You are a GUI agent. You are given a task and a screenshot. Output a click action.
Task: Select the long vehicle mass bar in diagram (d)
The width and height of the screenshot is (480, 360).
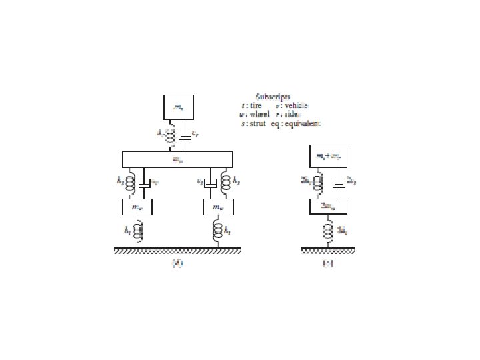[x=177, y=159]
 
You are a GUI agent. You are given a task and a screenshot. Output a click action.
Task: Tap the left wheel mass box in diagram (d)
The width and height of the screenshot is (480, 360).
[x=137, y=207]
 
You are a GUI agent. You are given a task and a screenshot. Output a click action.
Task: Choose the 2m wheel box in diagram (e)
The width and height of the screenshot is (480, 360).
[x=327, y=207]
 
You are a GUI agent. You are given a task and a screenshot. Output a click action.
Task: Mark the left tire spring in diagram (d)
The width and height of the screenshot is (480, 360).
[x=137, y=231]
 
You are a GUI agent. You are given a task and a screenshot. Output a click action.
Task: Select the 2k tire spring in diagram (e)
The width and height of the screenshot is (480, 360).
[x=327, y=231]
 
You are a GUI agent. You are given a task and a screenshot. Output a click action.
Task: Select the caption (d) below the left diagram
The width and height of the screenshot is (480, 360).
[x=177, y=263]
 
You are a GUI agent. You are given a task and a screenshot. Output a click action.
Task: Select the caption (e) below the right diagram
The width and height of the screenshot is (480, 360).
[x=327, y=263]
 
